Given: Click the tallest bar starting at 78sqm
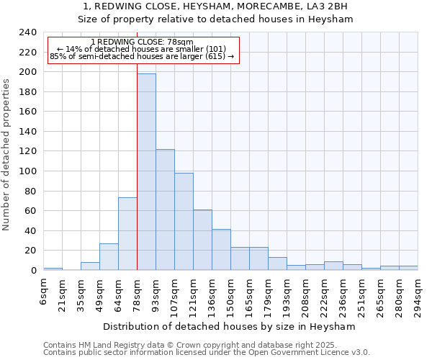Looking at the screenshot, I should coord(146,172).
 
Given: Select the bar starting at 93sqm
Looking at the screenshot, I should coord(165,210).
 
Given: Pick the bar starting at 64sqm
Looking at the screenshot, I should coord(127,234).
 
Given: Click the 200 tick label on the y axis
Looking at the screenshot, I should coord(28,72).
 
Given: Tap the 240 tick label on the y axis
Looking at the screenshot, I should coord(28,32).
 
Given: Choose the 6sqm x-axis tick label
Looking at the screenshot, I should coord(43,292).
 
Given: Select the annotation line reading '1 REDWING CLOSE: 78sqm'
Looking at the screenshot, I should coord(143,42).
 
